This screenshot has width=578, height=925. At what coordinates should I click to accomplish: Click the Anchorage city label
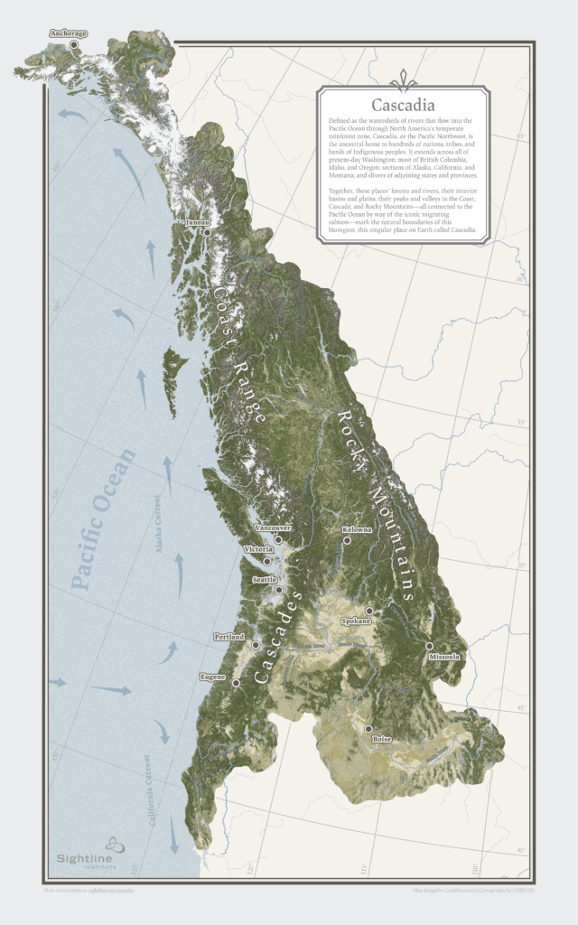pos(69,34)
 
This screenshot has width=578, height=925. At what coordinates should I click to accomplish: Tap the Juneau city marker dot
pos(207,232)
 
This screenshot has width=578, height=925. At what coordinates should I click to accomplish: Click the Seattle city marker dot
pos(279,589)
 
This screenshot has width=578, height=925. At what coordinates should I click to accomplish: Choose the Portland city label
pos(228,637)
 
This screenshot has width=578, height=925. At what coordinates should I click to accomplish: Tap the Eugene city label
pos(213,676)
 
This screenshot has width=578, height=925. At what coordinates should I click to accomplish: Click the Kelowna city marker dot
pos(347,540)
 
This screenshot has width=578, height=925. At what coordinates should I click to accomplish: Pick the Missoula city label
pos(444,657)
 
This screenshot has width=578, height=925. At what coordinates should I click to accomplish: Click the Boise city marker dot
pos(368,728)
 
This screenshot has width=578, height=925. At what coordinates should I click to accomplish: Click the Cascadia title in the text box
pos(404,105)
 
